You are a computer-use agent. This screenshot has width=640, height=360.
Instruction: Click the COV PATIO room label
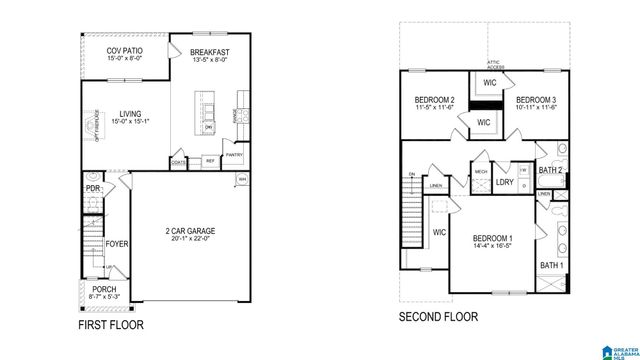tap(124, 50)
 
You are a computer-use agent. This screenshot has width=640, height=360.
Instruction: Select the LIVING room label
tap(129, 114)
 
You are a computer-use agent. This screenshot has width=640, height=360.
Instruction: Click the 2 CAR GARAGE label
tap(190, 231)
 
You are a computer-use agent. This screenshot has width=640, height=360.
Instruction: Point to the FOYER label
tap(118, 241)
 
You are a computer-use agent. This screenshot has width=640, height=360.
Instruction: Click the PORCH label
tap(104, 289)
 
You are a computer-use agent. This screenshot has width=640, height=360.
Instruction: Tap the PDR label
tap(92, 187)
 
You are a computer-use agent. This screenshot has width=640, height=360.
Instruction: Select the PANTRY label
tap(234, 155)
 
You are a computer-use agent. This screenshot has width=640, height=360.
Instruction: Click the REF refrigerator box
tap(210, 160)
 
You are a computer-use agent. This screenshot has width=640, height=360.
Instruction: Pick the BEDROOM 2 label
tap(435, 101)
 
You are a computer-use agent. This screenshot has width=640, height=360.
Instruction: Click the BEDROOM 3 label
tap(535, 101)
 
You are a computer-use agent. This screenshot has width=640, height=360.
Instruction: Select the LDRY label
tap(505, 182)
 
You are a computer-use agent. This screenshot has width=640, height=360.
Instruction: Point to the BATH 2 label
tap(551, 172)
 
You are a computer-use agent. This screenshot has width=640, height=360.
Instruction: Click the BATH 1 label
tap(551, 265)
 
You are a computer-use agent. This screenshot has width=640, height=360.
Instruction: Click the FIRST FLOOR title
tap(110, 326)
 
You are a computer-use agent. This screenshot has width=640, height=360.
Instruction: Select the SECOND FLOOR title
tap(438, 317)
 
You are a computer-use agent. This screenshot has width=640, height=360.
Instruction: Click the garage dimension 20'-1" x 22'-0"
tap(190, 240)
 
